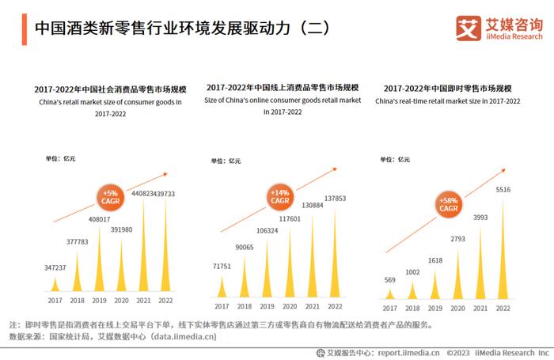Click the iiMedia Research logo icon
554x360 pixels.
[x=468, y=28]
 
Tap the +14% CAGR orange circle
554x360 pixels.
[x=280, y=196]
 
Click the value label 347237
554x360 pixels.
[x=55, y=268]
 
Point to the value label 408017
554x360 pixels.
[x=99, y=220]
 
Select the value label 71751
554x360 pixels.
[x=222, y=267]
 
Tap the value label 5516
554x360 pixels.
[x=503, y=190]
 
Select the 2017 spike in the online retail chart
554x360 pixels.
[x=222, y=286]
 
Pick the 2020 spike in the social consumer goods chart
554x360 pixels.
[x=121, y=265]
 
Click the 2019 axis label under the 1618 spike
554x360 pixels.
[x=434, y=306]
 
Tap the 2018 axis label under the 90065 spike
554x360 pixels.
[x=245, y=306]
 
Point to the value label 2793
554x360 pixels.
[x=457, y=239]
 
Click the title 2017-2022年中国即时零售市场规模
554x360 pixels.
[x=447, y=89]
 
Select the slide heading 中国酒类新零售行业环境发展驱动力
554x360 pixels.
[x=169, y=28]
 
